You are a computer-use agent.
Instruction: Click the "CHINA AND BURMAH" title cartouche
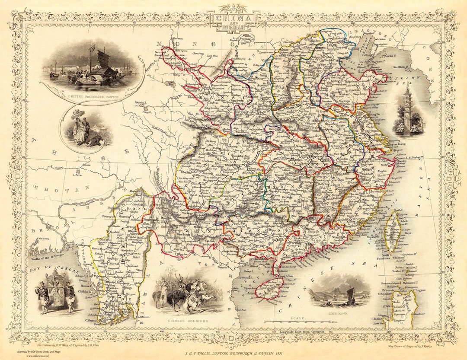(233, 21)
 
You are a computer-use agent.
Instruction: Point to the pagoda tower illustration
(407, 108)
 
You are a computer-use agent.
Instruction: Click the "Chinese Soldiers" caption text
(188, 321)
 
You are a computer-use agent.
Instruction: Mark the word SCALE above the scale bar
(298, 318)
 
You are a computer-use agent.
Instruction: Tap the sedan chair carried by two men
(56, 290)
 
